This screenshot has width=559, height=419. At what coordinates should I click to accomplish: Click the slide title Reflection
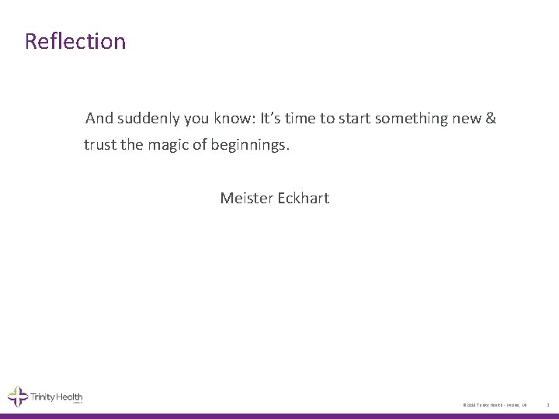coord(75,41)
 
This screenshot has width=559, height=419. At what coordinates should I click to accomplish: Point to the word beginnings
coord(248,145)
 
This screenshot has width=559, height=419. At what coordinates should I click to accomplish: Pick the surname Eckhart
coord(302,198)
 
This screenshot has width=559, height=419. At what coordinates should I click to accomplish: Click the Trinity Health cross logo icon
coord(18,397)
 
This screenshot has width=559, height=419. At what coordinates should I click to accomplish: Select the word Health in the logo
coord(68,397)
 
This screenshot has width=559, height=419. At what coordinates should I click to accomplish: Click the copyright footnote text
coord(495,405)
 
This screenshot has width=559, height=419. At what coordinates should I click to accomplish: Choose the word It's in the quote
coord(272,119)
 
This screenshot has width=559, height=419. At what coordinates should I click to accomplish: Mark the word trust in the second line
coord(101,145)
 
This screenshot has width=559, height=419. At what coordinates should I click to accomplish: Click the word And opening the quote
coord(99,119)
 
